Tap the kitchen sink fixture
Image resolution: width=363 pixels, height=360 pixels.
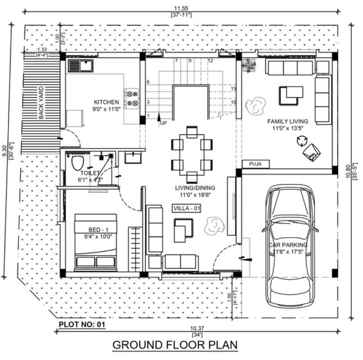tap(81, 66)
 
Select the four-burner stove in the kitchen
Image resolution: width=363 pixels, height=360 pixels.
tap(131, 97)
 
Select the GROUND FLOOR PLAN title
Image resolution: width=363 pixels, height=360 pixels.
tap(175, 345)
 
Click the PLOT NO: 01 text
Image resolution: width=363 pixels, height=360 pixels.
tap(82, 324)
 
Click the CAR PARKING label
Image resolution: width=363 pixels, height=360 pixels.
tap(288, 245)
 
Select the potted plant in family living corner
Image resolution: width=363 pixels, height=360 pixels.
tap(248, 65)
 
